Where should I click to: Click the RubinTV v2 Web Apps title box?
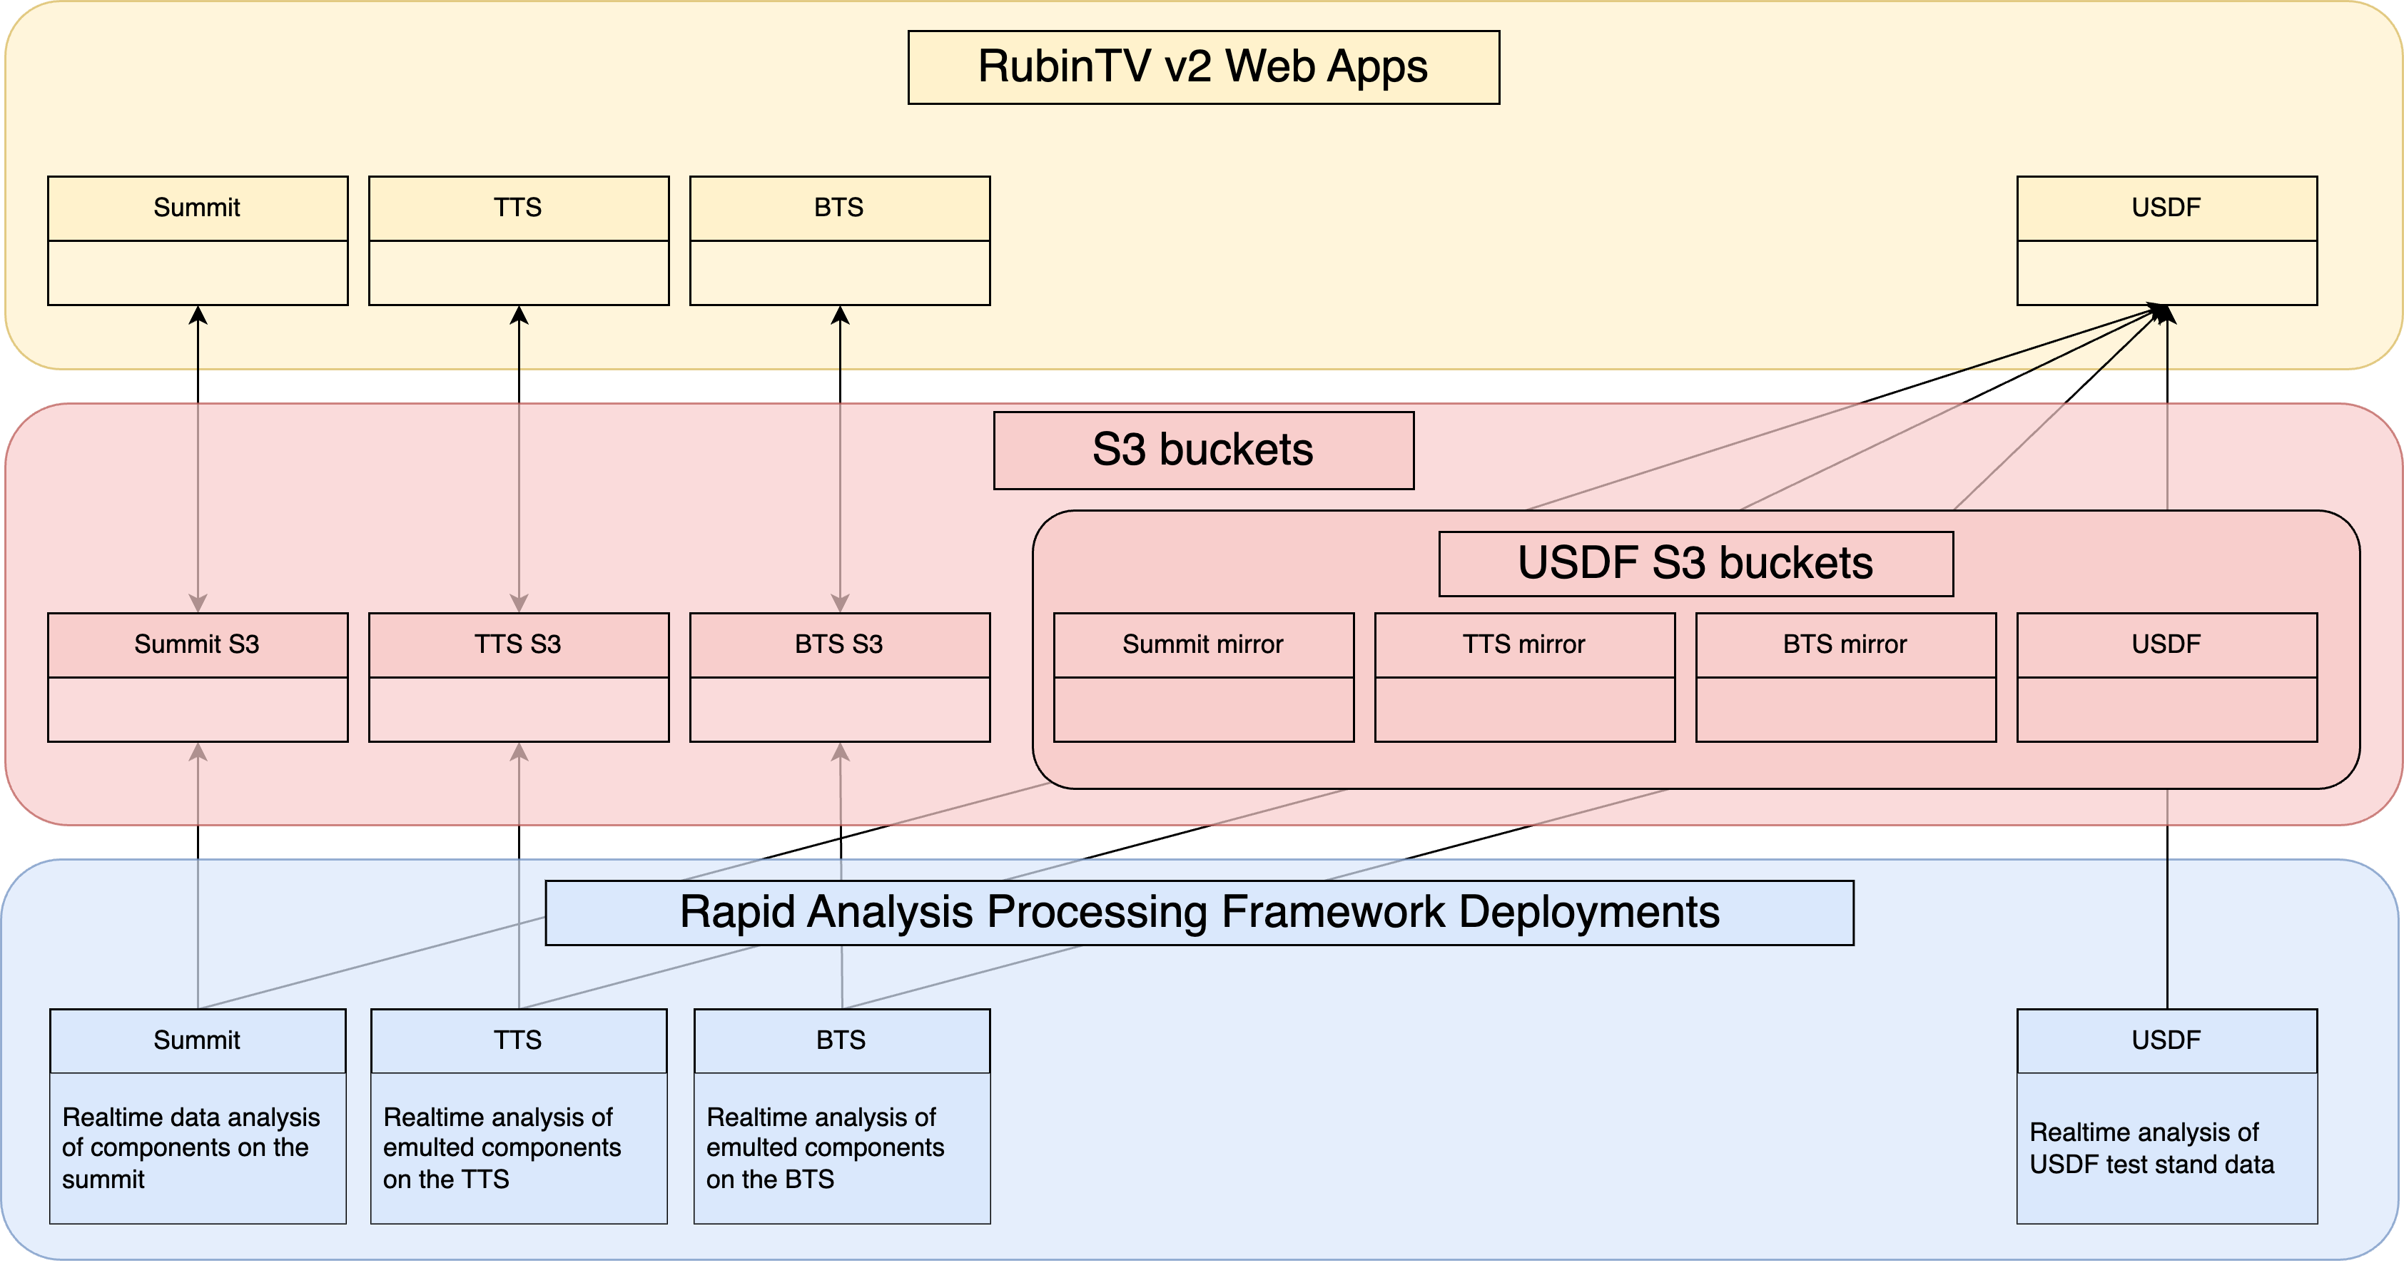(x=1203, y=67)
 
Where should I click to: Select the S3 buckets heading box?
(x=1203, y=450)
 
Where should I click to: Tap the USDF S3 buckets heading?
(x=1695, y=563)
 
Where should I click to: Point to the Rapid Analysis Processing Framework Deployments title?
(x=1200, y=912)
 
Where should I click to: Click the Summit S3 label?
(x=197, y=644)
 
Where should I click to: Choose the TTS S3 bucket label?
(x=518, y=644)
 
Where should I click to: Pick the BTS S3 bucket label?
(x=839, y=644)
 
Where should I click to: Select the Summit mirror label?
(x=1203, y=644)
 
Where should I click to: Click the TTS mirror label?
(x=1524, y=644)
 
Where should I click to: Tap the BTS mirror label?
(x=1845, y=644)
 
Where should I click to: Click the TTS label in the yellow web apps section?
(x=518, y=207)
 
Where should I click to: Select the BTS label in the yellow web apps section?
(x=839, y=207)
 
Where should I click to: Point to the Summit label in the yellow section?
(x=197, y=207)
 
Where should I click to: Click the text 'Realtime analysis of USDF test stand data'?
(x=2152, y=1148)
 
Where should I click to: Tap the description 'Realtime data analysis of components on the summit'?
(x=191, y=1148)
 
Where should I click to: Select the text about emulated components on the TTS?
(x=502, y=1148)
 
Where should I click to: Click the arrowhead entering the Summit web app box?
(x=198, y=315)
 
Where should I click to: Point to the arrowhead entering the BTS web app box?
(x=840, y=315)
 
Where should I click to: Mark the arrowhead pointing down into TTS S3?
(x=519, y=603)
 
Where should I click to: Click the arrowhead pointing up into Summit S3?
(x=198, y=752)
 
